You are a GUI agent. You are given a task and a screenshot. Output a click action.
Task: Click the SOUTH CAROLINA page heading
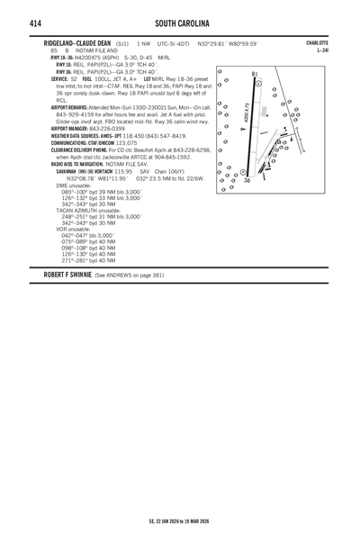183,22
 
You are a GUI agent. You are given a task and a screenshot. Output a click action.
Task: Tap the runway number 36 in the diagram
247,181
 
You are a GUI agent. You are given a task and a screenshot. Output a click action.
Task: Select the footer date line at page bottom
179,521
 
